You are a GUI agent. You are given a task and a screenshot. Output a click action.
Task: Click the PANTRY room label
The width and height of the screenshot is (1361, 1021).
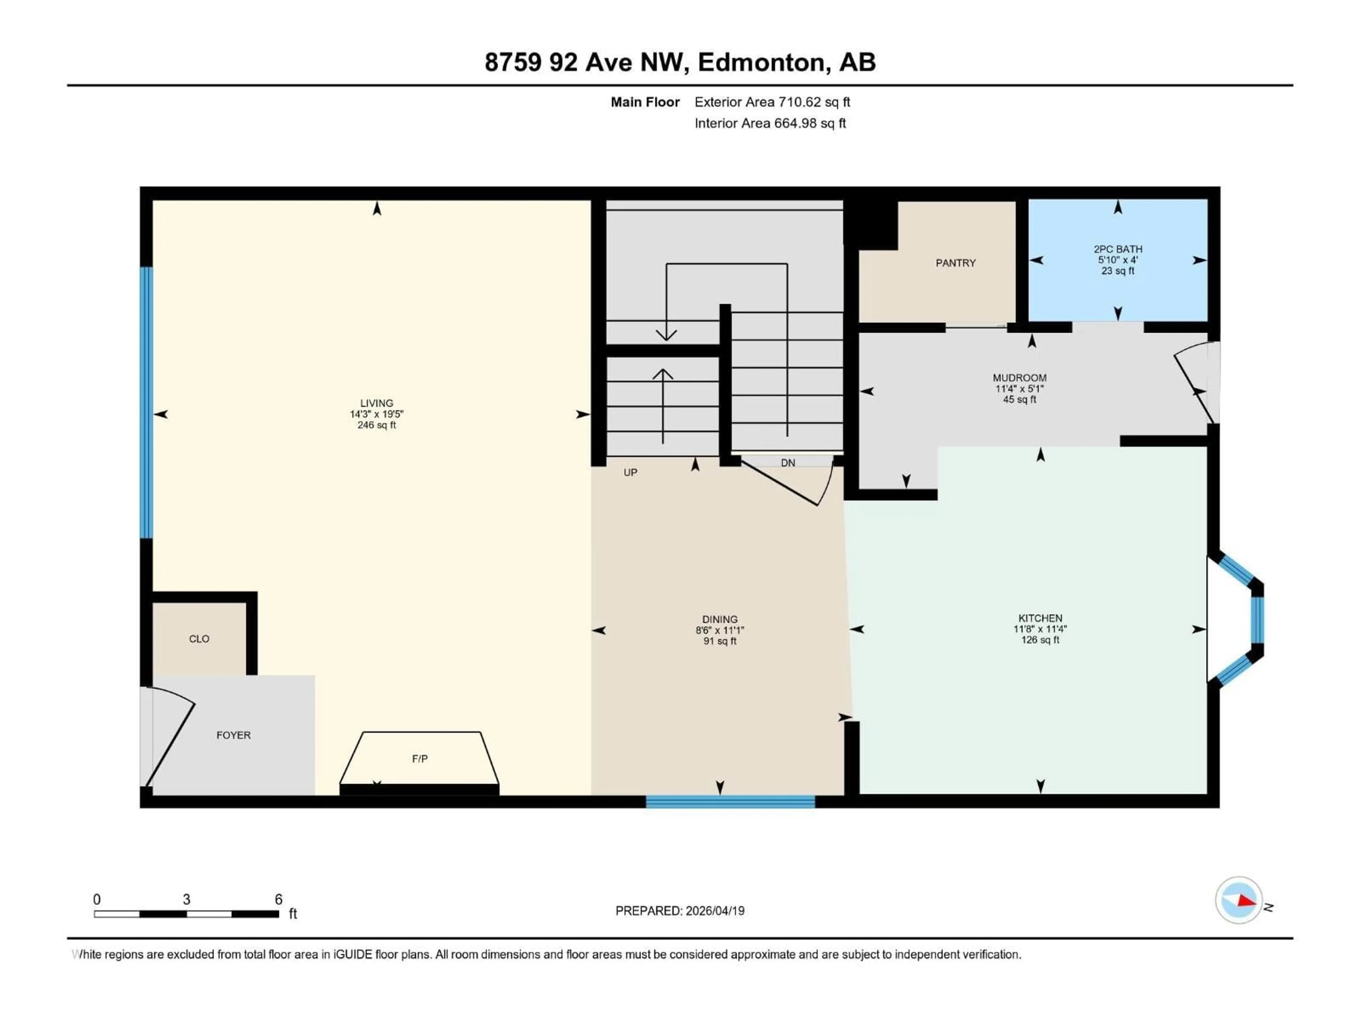[x=956, y=263]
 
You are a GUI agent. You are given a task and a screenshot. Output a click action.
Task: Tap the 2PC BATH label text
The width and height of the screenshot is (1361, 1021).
[x=1118, y=249]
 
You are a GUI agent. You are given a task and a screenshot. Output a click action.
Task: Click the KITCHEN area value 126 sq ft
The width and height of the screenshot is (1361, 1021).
[x=1040, y=640]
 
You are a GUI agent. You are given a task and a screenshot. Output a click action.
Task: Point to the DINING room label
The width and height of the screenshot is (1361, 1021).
[x=720, y=619]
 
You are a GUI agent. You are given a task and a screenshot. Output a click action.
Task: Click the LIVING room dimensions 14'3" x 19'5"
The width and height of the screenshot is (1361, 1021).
[x=376, y=414]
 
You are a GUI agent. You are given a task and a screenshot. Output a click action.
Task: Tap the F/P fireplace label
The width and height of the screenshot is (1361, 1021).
[x=420, y=759]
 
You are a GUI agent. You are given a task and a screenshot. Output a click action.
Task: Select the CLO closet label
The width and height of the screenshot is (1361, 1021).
[x=199, y=639]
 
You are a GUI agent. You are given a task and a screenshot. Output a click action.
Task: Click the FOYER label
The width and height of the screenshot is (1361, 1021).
[x=233, y=735]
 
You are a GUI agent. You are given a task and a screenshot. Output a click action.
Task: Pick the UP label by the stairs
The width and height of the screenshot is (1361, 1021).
[x=630, y=472]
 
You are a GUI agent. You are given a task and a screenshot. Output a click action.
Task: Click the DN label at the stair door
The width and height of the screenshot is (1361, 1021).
[x=788, y=463]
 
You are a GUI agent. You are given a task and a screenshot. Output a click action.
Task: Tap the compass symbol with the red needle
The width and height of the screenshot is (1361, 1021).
[x=1239, y=900]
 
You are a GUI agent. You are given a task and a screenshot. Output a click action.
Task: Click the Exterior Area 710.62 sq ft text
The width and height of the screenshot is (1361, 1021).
[x=772, y=102]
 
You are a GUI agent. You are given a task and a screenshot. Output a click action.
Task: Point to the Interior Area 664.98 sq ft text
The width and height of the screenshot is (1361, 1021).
[x=770, y=123]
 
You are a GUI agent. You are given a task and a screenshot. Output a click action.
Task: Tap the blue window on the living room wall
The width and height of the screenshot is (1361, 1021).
[x=146, y=403]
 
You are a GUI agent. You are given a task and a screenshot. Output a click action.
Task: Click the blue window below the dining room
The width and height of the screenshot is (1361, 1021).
[x=730, y=801]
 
